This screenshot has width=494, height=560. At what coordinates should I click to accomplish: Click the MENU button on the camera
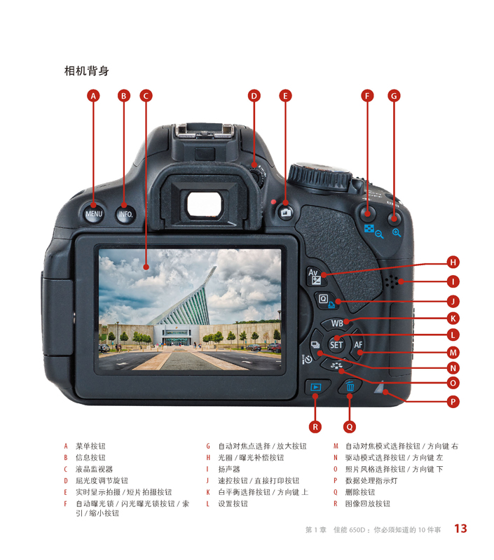94,213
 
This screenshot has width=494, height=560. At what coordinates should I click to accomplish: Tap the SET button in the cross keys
336,344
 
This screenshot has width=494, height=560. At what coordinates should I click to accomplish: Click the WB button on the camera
337,323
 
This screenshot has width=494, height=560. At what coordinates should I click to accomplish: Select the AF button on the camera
358,344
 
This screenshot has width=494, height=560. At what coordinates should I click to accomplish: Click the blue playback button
315,386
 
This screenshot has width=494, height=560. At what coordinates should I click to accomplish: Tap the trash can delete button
350,386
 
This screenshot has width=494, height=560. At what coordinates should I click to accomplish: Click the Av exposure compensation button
313,275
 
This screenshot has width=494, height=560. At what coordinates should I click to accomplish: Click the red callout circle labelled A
94,95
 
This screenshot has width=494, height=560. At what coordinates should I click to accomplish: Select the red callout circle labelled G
394,95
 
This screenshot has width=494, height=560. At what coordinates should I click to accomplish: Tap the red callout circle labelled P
453,401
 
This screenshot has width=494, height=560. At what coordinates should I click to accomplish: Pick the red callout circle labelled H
453,262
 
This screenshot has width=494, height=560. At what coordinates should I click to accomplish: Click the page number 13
460,528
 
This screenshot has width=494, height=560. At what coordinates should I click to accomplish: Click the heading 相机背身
86,71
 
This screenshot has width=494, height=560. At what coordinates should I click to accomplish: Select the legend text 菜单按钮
90,446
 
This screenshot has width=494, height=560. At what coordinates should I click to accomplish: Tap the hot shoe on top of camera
198,131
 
